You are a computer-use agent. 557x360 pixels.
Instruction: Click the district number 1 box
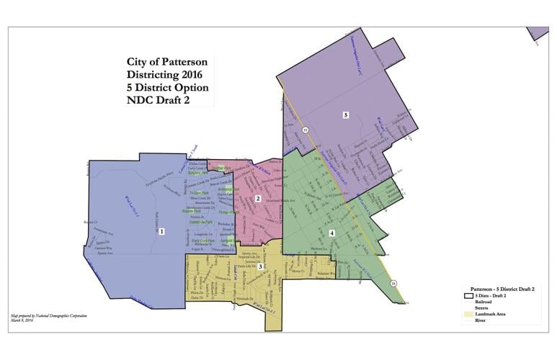coord(162,231)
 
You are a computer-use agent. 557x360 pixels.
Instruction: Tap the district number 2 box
coord(257,199)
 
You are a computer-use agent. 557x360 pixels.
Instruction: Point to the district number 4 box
coord(332,233)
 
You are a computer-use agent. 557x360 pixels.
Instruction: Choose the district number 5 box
coord(346,115)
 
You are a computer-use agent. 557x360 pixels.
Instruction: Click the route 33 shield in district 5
coord(305,130)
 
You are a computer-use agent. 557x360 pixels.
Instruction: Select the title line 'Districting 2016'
coord(164,75)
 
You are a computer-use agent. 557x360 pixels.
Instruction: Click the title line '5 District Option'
coord(167,87)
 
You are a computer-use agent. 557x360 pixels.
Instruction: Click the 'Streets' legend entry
coord(484,308)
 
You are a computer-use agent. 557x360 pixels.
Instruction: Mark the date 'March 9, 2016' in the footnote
coord(22,320)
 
